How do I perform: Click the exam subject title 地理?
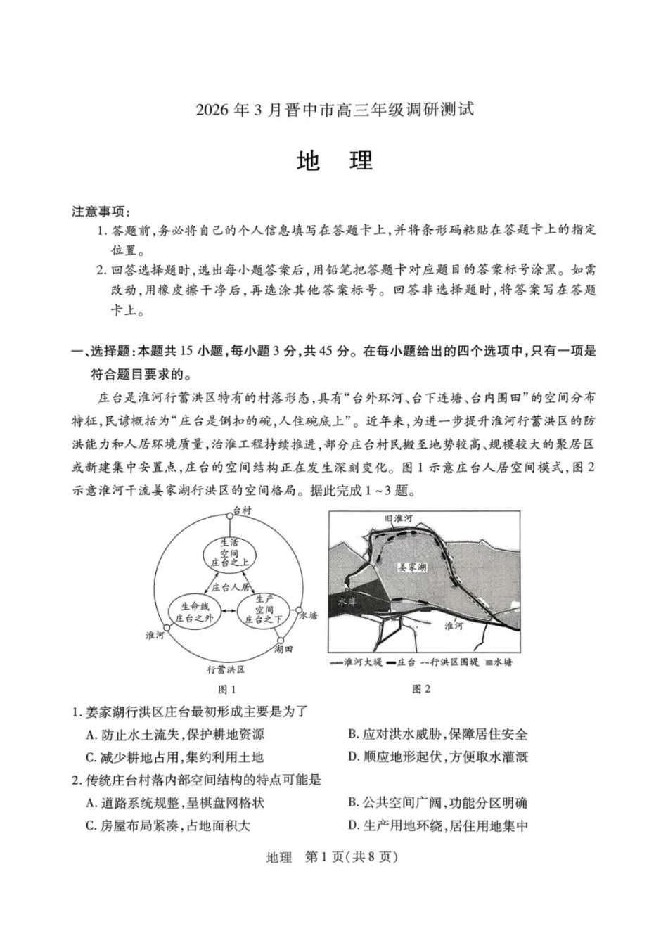point(334,161)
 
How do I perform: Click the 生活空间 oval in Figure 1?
point(229,553)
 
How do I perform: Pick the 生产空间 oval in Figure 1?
point(264,610)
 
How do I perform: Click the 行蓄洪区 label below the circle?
point(226,669)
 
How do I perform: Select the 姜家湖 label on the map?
point(412,567)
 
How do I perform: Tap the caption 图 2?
point(421,689)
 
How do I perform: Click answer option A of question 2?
point(175,802)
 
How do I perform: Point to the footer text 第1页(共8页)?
point(352,857)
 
